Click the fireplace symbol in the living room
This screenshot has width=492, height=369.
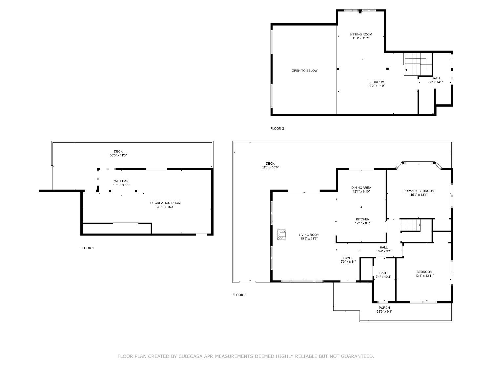pos(281,235)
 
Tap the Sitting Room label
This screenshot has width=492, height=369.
pos(360,34)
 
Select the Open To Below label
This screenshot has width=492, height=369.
pos(304,71)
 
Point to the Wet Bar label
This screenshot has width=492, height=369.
pos(121,181)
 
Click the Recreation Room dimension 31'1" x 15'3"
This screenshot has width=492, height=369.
pos(165,207)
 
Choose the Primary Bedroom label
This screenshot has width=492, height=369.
pos(419,191)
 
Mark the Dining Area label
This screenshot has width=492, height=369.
pos(361,188)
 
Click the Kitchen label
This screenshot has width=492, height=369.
pos(362,219)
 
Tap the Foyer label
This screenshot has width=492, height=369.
pos(348,258)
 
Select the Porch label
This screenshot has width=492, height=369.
pos(384,308)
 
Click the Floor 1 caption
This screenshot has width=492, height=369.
pos(87,248)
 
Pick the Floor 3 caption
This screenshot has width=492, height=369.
pos(277,129)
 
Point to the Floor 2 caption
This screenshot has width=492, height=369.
pos(239,295)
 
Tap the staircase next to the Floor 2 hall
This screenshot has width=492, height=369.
pos(410,225)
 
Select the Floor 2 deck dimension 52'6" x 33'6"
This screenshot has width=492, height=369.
pos(270,167)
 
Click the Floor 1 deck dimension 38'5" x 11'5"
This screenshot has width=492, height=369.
pos(118,155)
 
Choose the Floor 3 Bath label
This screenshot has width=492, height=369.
pos(436,78)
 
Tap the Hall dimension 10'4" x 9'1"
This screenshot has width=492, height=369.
pos(383,251)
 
